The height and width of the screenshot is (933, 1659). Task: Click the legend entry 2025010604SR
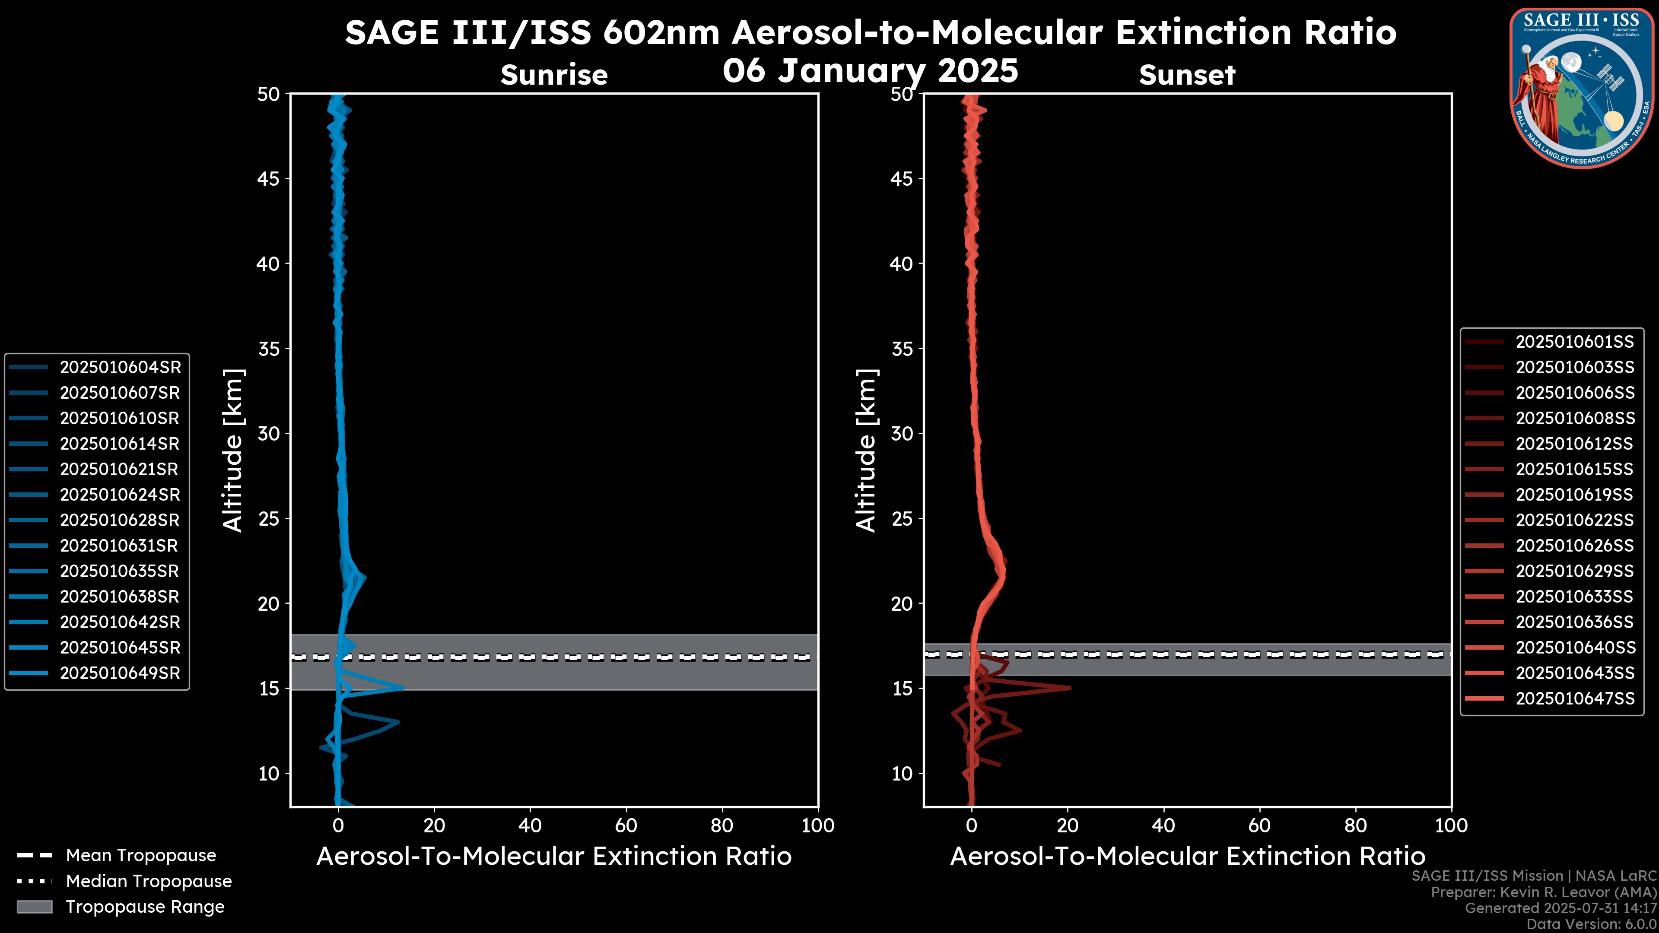coord(120,367)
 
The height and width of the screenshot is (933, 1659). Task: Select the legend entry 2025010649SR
coord(120,673)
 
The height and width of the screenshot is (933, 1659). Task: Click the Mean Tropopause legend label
coord(141,855)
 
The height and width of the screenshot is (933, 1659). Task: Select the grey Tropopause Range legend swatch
coord(34,907)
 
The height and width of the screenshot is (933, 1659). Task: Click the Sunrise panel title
coord(554,75)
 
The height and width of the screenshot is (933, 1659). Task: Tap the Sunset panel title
coord(1187,75)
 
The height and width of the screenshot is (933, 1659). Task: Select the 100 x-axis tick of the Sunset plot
coord(1451,825)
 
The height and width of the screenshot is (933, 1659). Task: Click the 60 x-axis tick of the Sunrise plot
coord(626,825)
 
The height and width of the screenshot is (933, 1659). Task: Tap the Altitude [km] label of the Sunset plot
coord(866,451)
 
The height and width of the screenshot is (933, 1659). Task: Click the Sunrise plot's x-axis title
coord(554,857)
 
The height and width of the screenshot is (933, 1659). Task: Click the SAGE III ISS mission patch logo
coord(1581,88)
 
